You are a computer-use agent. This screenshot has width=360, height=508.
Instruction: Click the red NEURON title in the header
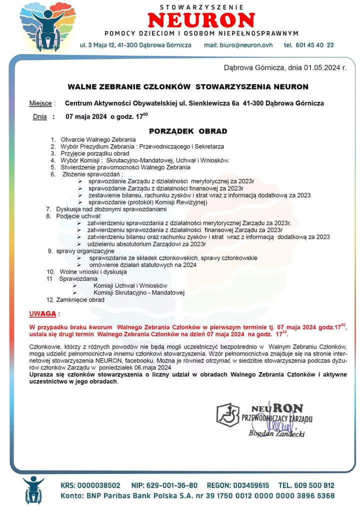pos(201,20)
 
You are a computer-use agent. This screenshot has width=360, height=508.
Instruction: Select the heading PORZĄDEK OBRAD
pos(188,131)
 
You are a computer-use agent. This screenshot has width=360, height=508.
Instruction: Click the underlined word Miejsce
pos(40,103)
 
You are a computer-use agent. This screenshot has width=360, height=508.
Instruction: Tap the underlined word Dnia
pos(39,117)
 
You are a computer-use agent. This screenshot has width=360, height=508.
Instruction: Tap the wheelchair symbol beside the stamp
pos(227,414)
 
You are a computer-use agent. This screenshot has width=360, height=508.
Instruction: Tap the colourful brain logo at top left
pos(41,27)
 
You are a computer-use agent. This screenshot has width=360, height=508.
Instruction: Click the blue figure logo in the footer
pos(33,490)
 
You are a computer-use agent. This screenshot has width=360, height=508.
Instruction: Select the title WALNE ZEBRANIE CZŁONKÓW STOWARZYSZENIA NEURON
pos(188,86)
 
